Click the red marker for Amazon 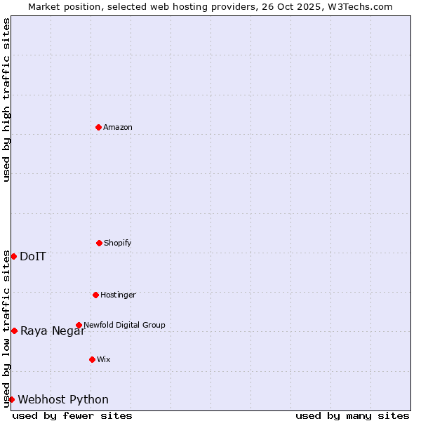pos(98,127)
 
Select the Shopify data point pos(99,243)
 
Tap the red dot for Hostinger pos(95,295)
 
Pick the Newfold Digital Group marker pos(79,325)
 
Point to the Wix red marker pos(92,359)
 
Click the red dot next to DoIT pos(13,256)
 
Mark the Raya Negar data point pos(14,330)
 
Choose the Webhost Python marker pos(11,399)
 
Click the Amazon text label pos(118,127)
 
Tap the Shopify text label pos(118,243)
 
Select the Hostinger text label pos(118,295)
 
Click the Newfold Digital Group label pos(124,325)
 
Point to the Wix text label pos(104,359)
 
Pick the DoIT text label pos(33,256)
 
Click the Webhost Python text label pos(63,399)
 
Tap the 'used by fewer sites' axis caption pos(72,415)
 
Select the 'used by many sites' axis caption pos(352,415)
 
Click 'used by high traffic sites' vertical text pos(6,100)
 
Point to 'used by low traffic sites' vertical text pos(6,328)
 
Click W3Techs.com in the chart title pos(358,6)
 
